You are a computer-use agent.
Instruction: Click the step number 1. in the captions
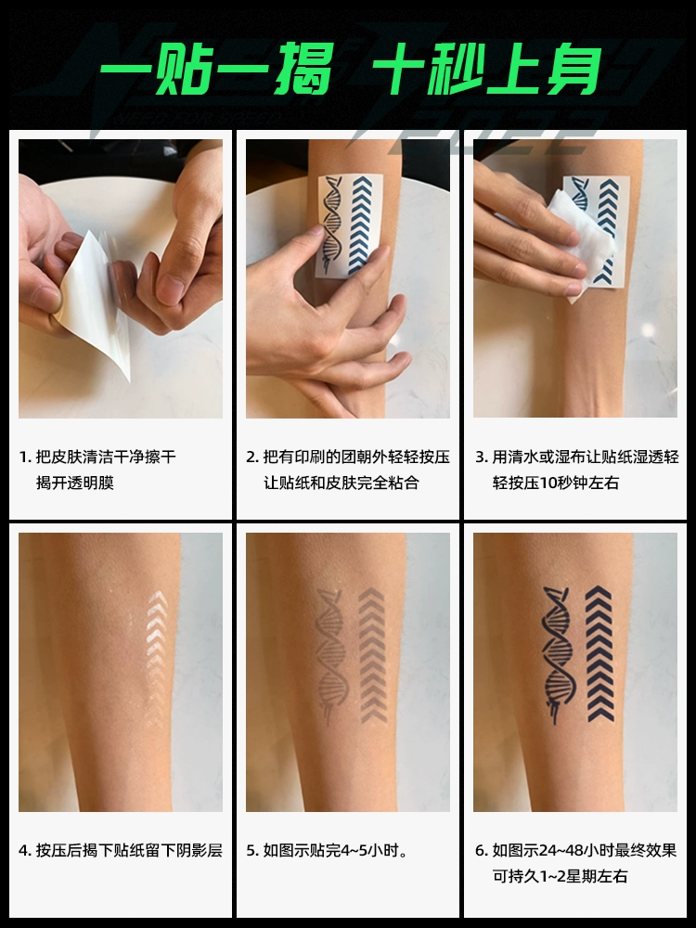point(24,458)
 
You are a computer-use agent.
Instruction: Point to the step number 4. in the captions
point(25,851)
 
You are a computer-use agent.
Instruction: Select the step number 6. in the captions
point(482,851)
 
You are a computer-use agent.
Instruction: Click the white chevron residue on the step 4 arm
point(156,658)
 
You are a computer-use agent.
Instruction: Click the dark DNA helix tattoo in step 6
point(557,654)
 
